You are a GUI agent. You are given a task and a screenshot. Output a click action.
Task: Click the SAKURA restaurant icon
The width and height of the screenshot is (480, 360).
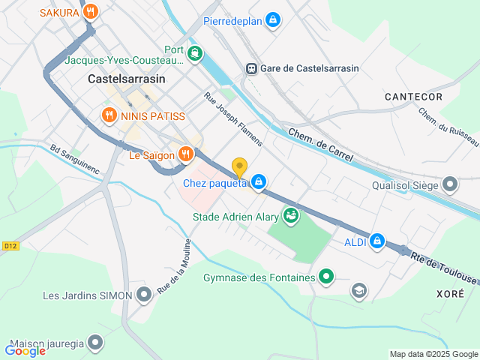pos(91,11)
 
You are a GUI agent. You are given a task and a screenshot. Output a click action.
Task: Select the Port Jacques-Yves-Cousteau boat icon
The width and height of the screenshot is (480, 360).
pos(195,52)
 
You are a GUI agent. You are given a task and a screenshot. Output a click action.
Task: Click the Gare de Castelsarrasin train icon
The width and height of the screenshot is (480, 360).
pos(251,68)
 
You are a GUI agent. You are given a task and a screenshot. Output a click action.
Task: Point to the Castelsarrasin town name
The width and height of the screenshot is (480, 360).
pos(126,78)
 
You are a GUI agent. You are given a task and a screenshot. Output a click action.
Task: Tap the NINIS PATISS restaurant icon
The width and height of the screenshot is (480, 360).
pos(109,115)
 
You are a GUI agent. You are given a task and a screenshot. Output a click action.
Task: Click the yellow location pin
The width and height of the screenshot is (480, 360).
pos(239,168)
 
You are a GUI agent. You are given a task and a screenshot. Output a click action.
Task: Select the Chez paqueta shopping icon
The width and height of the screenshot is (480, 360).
pos(259,181)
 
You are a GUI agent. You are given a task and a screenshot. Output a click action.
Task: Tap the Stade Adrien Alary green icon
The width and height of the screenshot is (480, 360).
pos(290,217)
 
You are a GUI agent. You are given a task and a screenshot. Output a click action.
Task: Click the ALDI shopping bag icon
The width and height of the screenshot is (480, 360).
pos(377,241)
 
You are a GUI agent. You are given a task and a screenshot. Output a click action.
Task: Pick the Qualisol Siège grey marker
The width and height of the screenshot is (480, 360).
pos(450,184)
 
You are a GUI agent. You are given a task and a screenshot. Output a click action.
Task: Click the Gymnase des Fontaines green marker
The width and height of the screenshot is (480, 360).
pos(326,277)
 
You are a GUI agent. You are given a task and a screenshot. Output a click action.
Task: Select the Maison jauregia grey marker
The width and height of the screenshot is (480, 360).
pos(95,343)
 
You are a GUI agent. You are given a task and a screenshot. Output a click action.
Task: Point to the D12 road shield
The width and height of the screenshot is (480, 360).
pos(9,245)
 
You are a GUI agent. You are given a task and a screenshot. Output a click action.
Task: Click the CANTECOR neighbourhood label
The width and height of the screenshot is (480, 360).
pos(413,97)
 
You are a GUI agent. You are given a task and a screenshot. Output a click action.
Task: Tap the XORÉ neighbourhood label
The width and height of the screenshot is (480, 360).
pos(450,295)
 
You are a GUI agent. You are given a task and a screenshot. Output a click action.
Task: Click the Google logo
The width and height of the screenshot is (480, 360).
pos(25,350)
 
